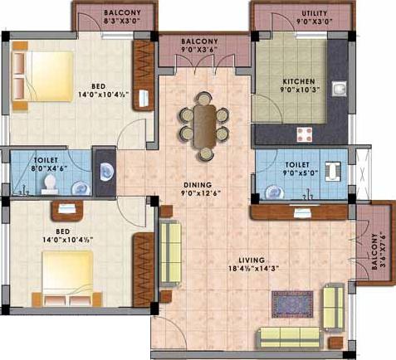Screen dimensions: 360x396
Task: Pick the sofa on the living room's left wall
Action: [170, 246]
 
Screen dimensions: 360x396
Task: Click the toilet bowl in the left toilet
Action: [51, 182]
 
